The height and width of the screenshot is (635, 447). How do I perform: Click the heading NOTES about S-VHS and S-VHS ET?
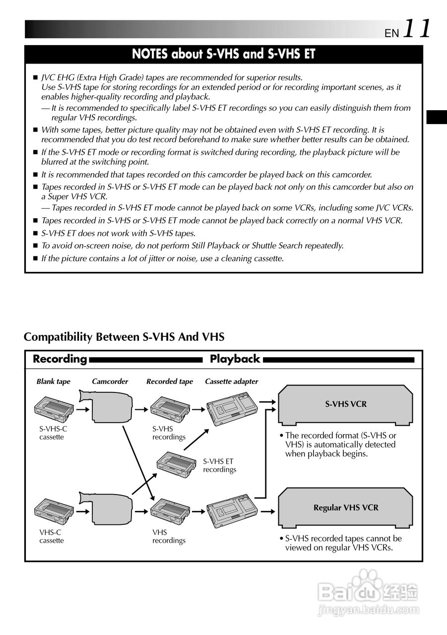[x=223, y=54]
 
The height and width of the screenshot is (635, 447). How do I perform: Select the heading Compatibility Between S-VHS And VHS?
[x=124, y=337]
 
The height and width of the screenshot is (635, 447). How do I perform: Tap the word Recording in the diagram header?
[x=60, y=359]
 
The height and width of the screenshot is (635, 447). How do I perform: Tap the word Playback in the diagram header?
[x=235, y=359]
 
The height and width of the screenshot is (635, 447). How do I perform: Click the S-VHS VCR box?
[x=345, y=404]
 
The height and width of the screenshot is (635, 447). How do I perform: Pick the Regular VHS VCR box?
[x=345, y=508]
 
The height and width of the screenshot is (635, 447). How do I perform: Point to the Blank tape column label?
[x=53, y=381]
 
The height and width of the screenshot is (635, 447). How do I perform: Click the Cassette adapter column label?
[x=232, y=381]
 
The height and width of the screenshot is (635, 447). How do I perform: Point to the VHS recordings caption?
[x=169, y=536]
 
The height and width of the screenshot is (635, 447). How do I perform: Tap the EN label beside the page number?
[x=391, y=33]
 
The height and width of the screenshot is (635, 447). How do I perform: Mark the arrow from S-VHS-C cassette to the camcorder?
[x=83, y=410]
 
